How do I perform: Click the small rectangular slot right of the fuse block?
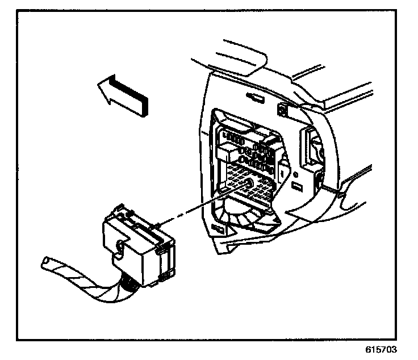(x=296, y=186)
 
